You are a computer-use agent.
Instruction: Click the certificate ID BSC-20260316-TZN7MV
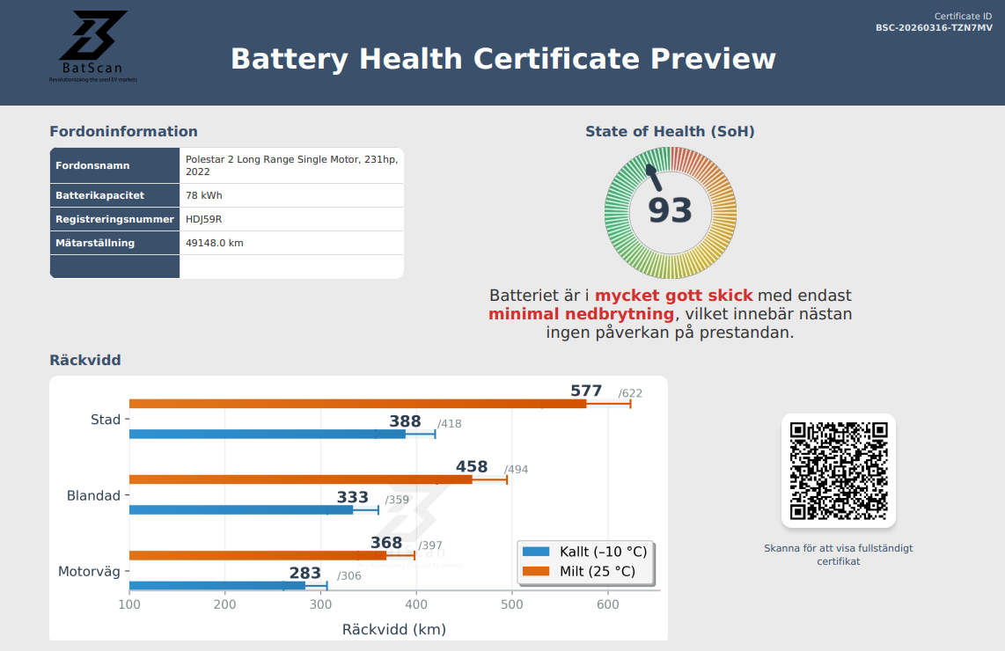click(934, 28)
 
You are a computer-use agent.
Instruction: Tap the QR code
click(838, 471)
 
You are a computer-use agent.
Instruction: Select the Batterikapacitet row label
click(99, 195)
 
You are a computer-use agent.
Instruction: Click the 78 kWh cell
click(203, 195)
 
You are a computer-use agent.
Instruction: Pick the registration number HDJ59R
click(204, 219)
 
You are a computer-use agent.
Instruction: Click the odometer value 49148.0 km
click(214, 243)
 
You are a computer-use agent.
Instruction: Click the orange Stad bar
click(357, 404)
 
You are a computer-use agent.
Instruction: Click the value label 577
click(586, 391)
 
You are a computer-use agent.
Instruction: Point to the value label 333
click(353, 498)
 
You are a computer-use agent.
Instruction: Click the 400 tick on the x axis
click(416, 605)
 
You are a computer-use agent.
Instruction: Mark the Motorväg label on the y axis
click(89, 572)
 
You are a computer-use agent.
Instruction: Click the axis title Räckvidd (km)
click(393, 630)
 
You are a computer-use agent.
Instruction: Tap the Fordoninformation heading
click(123, 132)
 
